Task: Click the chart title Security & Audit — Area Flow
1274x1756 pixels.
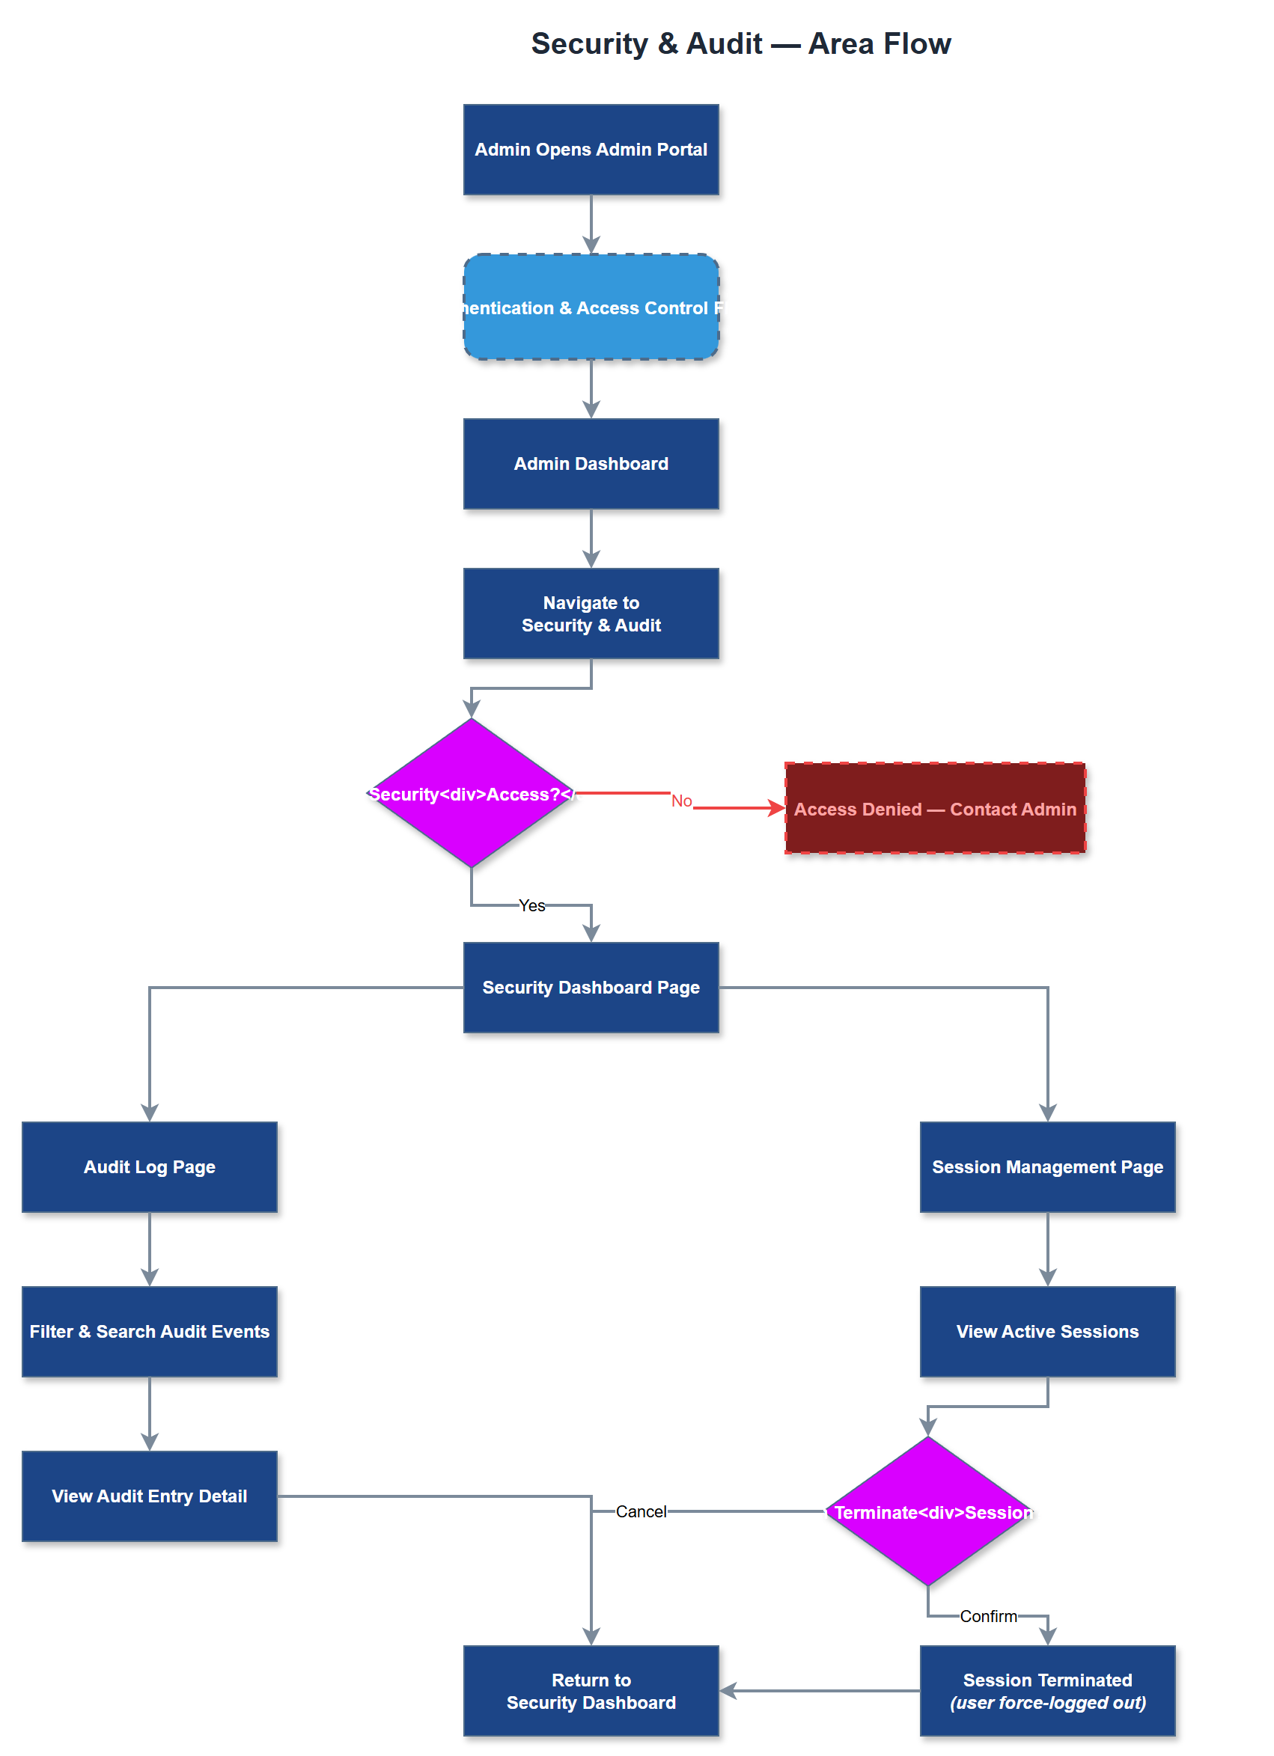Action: (740, 43)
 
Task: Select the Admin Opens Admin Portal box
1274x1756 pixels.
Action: (591, 150)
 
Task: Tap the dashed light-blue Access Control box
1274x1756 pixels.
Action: (591, 307)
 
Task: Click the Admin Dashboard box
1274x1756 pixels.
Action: (591, 464)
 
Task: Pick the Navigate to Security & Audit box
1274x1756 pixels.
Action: (591, 614)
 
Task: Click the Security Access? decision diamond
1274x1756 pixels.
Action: (471, 793)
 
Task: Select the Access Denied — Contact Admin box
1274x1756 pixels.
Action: (935, 808)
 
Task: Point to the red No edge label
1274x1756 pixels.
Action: (681, 801)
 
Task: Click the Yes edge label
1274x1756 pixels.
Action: (531, 905)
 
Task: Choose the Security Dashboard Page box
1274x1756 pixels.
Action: (591, 987)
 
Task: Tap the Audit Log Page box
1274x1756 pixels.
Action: (150, 1166)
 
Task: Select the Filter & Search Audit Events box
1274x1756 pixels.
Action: (150, 1331)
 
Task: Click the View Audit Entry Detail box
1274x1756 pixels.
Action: (150, 1496)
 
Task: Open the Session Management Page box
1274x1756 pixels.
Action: (1047, 1166)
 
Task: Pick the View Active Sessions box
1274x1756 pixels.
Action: (1047, 1331)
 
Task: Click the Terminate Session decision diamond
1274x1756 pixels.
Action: (928, 1511)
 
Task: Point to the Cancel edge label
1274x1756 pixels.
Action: (641, 1511)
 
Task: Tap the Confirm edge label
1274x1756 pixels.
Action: (988, 1616)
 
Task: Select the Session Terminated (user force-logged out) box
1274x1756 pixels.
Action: (1047, 1691)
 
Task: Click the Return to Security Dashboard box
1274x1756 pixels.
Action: (591, 1691)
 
